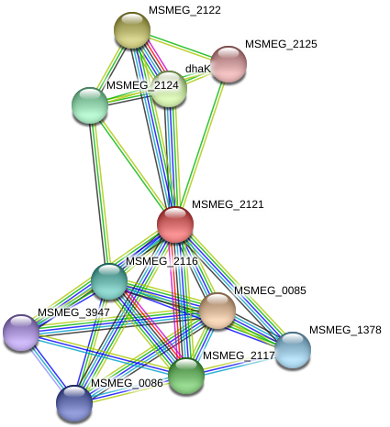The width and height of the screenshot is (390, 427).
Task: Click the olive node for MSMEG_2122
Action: coord(132,29)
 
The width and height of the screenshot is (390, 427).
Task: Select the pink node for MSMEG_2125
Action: coord(228,63)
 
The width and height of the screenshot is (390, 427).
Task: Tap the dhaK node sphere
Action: coord(170,89)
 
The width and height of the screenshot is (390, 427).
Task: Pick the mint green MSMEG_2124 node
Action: coord(90,104)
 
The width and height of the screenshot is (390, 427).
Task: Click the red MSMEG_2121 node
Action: coord(175,224)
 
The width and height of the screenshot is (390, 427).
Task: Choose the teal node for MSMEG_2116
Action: coord(109,280)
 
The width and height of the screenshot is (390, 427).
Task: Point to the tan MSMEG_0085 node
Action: coord(217,310)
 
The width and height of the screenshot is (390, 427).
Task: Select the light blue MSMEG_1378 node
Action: coord(293,348)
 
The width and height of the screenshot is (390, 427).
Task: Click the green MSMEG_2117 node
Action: coord(186,374)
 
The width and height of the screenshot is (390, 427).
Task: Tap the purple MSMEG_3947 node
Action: coord(20,332)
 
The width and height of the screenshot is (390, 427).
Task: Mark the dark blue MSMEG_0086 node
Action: coord(74,401)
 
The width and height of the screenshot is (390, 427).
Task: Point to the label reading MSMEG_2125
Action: coord(281,44)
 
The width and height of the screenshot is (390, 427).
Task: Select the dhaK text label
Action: coord(198,69)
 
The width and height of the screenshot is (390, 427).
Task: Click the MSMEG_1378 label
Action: coord(344,330)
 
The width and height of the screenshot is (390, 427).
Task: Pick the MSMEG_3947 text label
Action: coord(73,312)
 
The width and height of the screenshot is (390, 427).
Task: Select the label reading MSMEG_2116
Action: coord(162,261)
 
